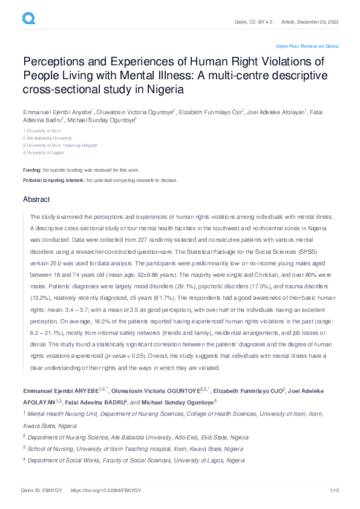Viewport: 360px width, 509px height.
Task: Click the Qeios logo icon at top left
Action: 28,20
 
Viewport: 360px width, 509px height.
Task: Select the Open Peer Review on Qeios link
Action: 307,46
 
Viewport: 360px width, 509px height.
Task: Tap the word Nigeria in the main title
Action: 162,89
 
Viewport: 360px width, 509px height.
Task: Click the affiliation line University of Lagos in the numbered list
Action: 45,152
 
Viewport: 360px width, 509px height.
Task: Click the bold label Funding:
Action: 32,170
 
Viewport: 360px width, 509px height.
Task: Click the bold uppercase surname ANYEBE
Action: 88,385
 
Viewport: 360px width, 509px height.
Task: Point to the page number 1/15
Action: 333,489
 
